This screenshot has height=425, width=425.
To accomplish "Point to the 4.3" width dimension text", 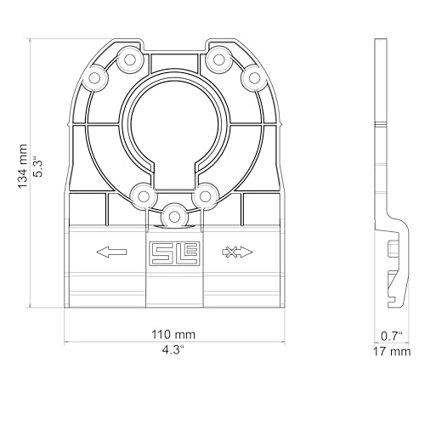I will (x=173, y=348).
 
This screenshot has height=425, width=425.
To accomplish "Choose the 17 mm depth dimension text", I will (x=392, y=350).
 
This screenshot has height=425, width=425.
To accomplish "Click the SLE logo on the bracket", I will (x=173, y=252).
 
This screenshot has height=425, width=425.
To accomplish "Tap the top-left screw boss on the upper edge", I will (x=131, y=59).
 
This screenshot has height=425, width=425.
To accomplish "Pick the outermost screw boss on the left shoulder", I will (x=94, y=80).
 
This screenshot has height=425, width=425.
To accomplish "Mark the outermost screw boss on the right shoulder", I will (x=252, y=78).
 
